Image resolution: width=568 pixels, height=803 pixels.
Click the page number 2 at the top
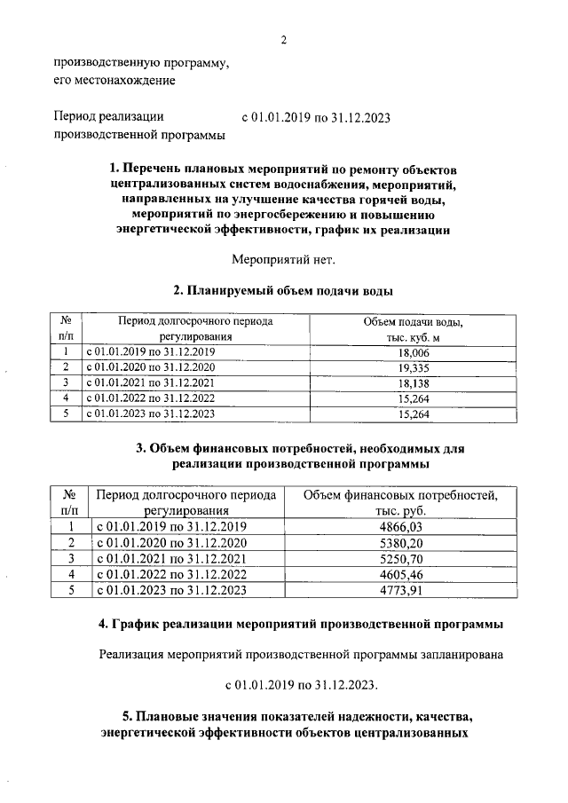tap(284, 40)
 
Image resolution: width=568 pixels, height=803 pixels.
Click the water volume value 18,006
tap(414, 352)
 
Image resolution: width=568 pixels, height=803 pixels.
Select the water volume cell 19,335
tap(414, 367)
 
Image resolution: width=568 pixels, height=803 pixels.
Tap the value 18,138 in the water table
tap(414, 382)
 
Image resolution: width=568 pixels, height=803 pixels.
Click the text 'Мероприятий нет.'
tap(284, 260)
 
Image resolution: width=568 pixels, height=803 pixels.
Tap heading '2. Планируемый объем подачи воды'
tap(284, 291)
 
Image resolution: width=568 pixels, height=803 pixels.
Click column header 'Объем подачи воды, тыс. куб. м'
tap(414, 329)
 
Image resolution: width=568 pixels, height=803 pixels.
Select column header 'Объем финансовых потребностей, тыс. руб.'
tap(400, 502)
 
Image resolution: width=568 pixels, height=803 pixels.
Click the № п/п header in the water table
tap(66, 329)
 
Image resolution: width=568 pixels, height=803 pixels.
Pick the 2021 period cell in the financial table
tap(170, 559)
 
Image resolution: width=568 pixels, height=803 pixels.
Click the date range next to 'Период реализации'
tap(316, 116)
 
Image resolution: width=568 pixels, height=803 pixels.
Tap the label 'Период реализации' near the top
tap(108, 116)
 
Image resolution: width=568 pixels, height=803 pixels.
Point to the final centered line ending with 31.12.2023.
tap(302, 685)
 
